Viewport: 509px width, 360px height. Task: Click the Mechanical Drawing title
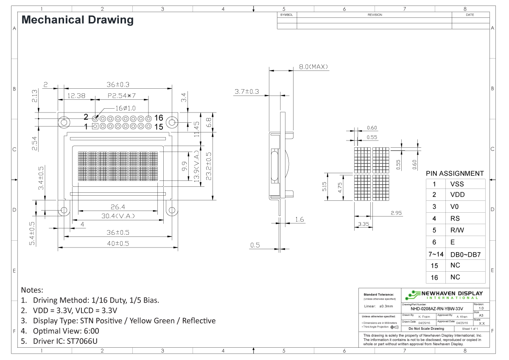(x=77, y=20)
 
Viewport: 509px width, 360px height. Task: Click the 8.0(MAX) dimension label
(x=313, y=67)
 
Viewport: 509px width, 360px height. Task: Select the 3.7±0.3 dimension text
(x=247, y=92)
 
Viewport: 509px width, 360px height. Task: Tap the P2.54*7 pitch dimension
(x=121, y=96)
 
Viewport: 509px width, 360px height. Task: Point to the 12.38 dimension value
(x=77, y=96)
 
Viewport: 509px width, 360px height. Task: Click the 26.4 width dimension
(x=118, y=207)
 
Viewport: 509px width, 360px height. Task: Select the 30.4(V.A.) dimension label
(x=118, y=216)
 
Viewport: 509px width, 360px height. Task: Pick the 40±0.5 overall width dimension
(x=118, y=243)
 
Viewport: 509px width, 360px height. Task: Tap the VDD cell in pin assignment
(x=457, y=195)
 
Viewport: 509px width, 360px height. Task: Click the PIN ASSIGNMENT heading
(x=455, y=173)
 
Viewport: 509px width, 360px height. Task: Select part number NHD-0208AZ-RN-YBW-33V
(x=437, y=309)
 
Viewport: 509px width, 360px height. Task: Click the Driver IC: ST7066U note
(x=67, y=341)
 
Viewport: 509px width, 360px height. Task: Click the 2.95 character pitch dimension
(x=397, y=213)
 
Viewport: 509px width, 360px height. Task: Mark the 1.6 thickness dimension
(x=299, y=219)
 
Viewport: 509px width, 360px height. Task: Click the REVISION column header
(x=375, y=15)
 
